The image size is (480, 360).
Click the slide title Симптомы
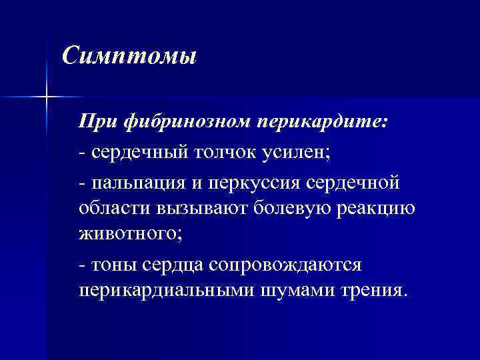click(x=129, y=55)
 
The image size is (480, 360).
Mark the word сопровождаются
click(x=285, y=265)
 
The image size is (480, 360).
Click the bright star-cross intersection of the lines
click(x=46, y=97)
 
